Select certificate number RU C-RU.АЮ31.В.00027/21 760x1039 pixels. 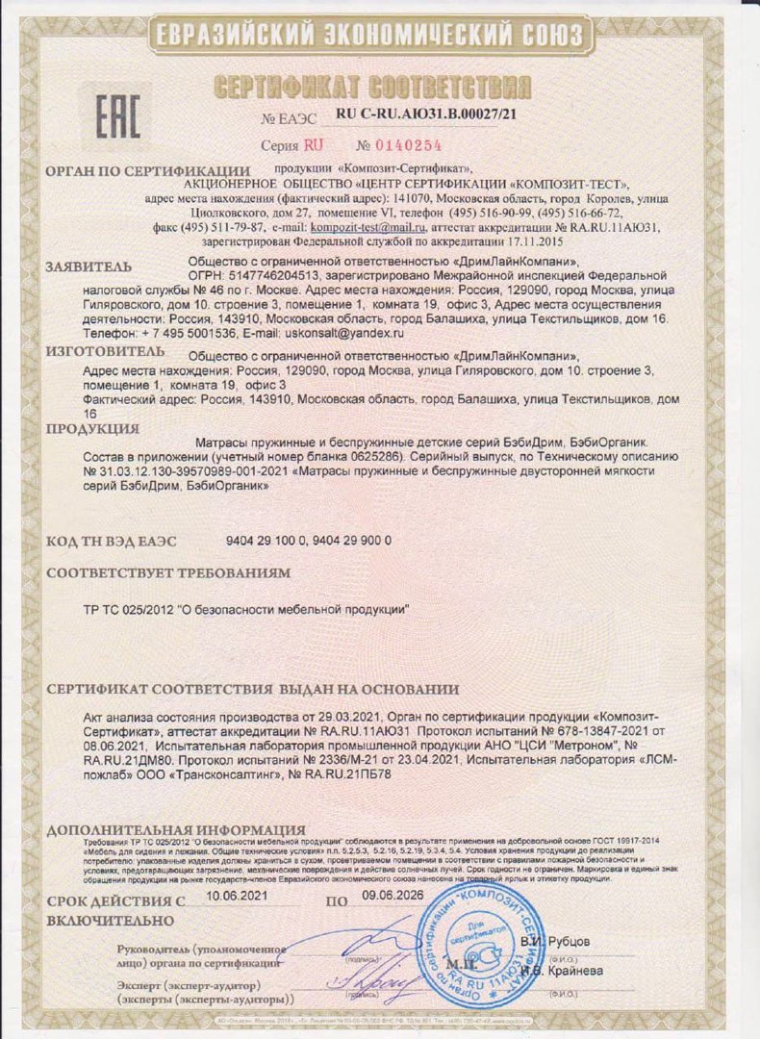[x=426, y=114]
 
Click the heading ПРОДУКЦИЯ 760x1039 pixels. [x=92, y=428]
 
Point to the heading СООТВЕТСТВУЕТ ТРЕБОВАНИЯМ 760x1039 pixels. [x=168, y=572]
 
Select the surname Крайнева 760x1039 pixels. [x=570, y=971]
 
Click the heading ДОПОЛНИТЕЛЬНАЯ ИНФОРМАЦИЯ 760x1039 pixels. [x=176, y=829]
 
